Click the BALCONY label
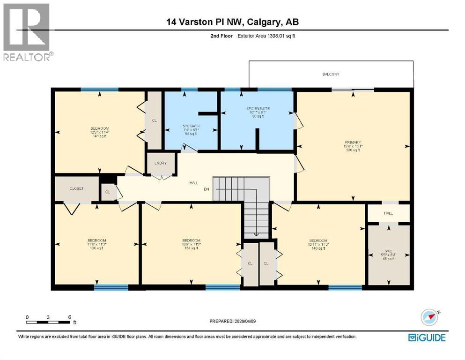click(330, 75)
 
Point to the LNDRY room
click(161, 164)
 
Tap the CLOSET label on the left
click(76, 188)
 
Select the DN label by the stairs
click(205, 189)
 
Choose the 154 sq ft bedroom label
click(191, 244)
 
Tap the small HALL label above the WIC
click(388, 213)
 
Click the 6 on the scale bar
click(69, 317)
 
